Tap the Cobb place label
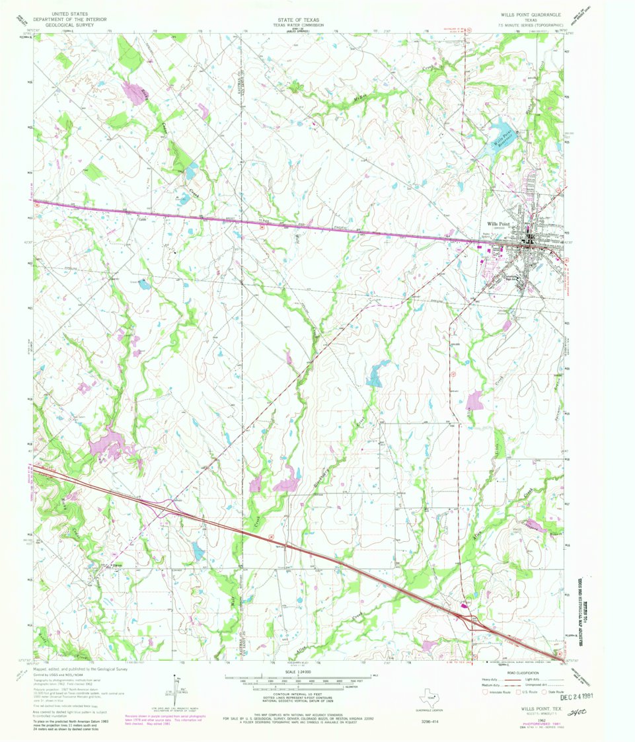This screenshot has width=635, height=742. [x=141, y=220]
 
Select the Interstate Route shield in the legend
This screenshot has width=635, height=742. [x=488, y=692]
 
